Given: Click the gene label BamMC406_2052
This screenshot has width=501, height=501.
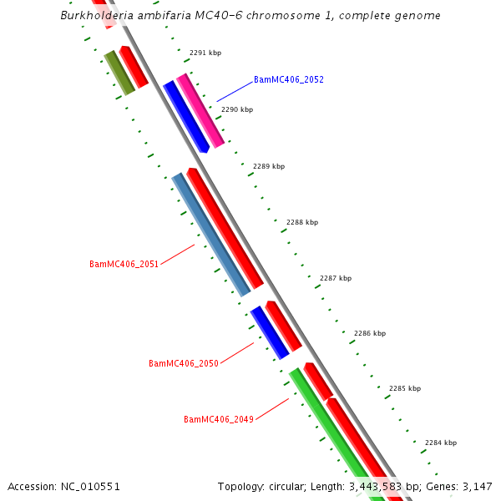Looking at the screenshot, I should (288, 80).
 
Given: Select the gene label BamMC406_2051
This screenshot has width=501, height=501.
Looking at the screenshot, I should (124, 264).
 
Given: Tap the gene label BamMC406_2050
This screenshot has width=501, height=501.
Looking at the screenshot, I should (183, 363).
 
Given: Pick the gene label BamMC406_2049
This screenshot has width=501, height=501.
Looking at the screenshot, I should (218, 419).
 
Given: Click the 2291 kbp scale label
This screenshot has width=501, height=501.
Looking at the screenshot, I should (205, 53).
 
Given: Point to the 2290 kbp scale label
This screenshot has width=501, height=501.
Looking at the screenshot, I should (237, 109).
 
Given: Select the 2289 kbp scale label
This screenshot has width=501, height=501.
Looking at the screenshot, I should (269, 166).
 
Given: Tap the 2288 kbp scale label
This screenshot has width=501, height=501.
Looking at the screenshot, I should (302, 223).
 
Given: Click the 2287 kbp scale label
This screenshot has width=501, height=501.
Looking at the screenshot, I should (336, 278).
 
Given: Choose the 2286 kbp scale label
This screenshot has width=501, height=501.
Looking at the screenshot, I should (370, 333).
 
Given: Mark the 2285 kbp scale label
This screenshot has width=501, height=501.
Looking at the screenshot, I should (405, 388).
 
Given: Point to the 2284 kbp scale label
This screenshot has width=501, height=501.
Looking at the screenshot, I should (441, 443).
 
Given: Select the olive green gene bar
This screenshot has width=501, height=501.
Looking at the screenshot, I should (119, 73).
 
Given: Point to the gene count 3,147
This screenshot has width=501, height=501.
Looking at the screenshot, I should (477, 486).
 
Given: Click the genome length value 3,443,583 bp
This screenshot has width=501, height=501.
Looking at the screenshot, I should (377, 486).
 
